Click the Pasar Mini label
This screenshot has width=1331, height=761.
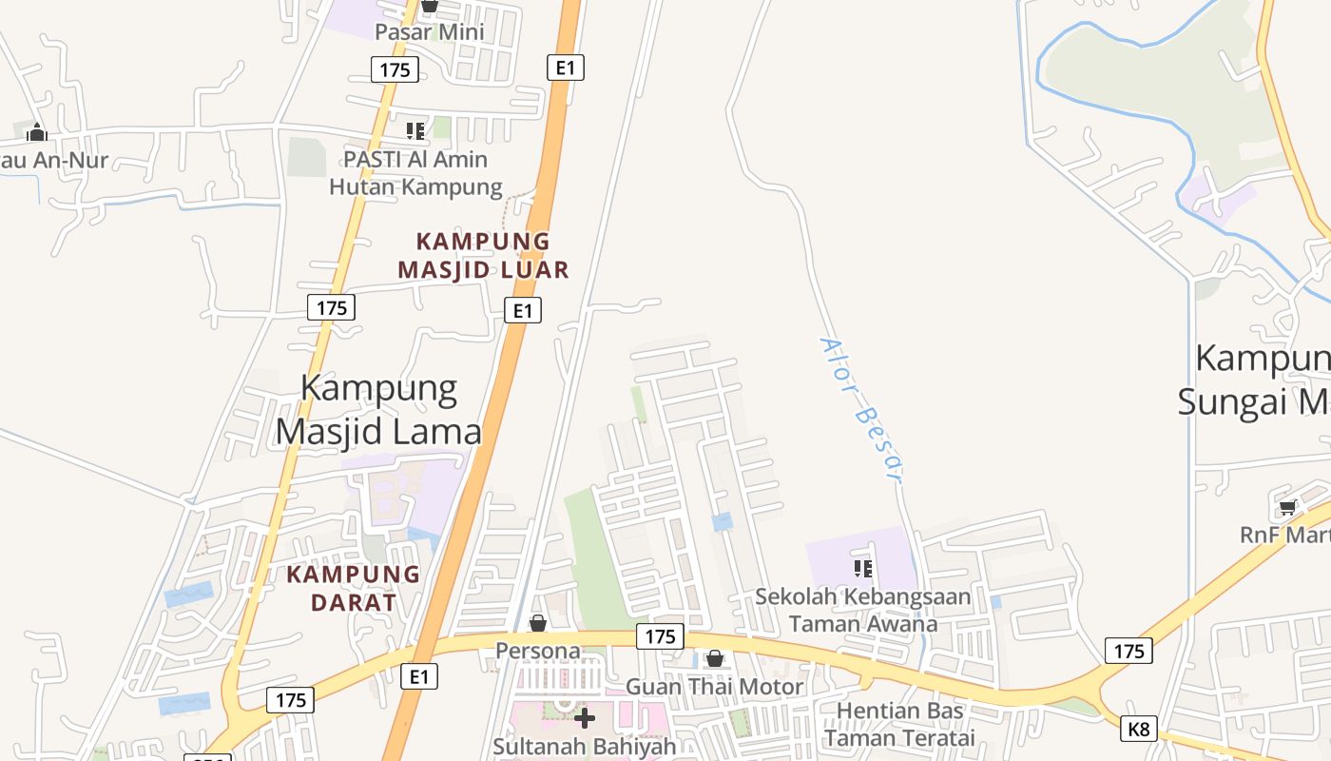430,31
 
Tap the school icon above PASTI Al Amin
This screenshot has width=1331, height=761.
415,131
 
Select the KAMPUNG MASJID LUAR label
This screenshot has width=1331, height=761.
483,255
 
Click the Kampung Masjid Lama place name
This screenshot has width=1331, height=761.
379,410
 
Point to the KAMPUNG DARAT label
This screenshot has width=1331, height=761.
353,588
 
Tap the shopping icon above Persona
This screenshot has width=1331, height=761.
538,623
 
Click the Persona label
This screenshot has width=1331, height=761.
538,651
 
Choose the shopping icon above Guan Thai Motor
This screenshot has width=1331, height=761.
715,658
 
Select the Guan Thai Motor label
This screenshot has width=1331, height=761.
714,686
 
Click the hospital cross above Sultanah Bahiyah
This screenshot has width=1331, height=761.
585,717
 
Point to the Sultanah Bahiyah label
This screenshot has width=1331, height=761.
584,746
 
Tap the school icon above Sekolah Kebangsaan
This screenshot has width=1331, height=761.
863,569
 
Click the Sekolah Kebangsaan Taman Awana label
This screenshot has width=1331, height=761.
863,610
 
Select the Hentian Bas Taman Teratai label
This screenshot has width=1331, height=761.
899,724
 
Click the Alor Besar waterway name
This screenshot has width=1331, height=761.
859,409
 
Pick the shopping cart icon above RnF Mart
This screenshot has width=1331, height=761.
1287,507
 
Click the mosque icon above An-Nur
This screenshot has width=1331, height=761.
37,132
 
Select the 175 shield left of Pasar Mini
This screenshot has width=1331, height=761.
395,69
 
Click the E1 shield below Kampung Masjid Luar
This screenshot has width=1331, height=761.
521,310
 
